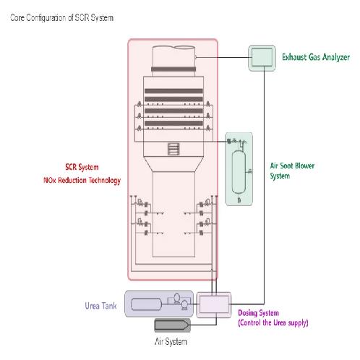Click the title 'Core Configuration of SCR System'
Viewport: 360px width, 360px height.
point(61,15)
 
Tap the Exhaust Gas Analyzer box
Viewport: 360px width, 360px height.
point(261,56)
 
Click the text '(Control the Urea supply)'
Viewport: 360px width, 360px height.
point(273,323)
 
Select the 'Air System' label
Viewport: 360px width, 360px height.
point(171,341)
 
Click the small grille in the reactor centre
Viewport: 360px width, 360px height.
point(173,149)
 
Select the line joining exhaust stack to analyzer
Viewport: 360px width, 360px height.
point(221,57)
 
